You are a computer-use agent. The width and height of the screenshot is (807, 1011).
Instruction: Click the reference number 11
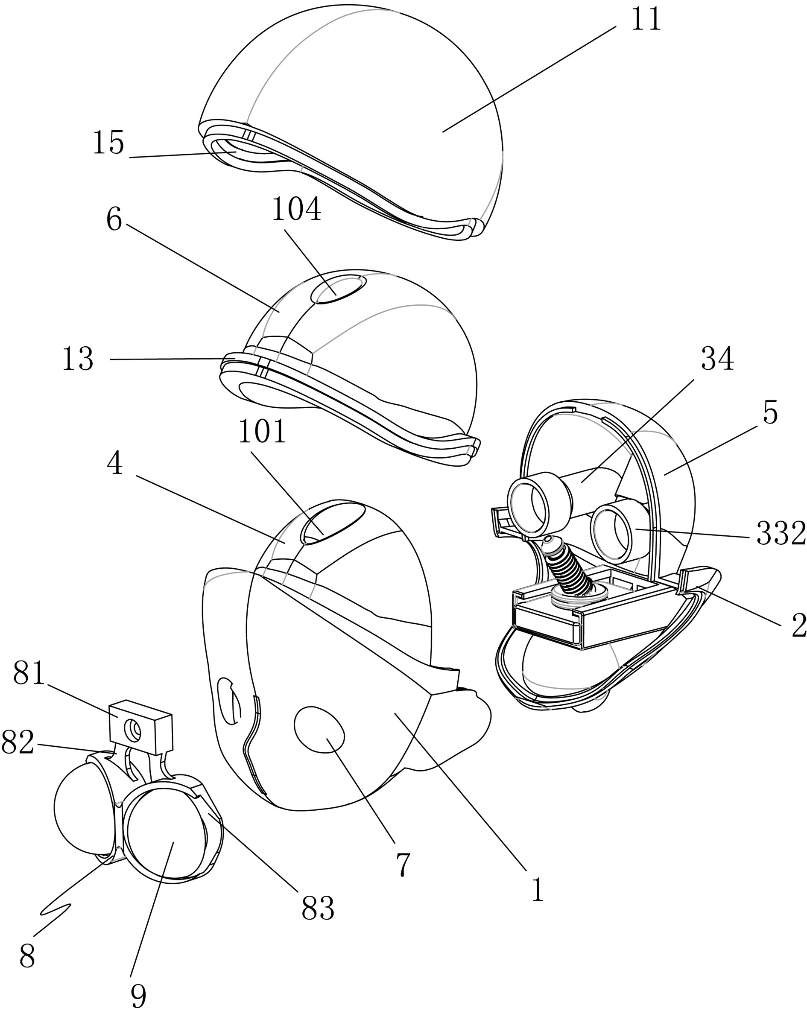[x=646, y=20]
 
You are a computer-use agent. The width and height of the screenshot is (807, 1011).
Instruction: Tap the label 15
[x=108, y=143]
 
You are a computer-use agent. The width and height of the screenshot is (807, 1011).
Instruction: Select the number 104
[x=296, y=209]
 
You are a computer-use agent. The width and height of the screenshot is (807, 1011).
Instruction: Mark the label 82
[x=18, y=742]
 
